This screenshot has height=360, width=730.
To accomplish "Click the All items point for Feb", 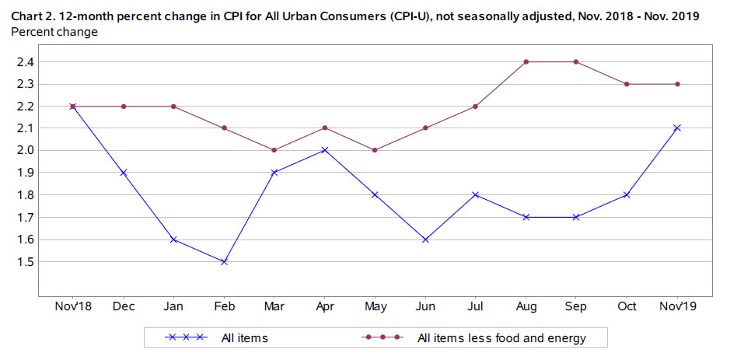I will [x=224, y=262].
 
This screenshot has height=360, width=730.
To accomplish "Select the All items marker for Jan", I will [x=174, y=239].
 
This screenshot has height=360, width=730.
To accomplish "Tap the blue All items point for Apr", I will [x=325, y=150].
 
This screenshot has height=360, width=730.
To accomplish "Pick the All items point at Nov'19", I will [x=677, y=128].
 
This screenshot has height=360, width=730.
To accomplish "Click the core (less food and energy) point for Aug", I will [x=526, y=61].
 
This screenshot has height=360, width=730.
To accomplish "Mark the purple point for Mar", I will [x=274, y=150].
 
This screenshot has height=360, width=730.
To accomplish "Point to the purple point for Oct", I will [x=627, y=84].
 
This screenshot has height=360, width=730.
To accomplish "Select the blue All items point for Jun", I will [x=425, y=239].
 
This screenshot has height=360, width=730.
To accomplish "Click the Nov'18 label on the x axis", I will [x=73, y=307].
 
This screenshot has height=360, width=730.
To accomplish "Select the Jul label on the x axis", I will [x=476, y=307].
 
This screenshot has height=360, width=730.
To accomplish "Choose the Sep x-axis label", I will [x=576, y=307].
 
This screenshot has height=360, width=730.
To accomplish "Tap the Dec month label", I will [x=124, y=307].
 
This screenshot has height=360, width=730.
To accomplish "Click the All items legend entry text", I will [x=245, y=337].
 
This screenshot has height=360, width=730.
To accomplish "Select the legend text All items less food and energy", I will [x=501, y=337].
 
